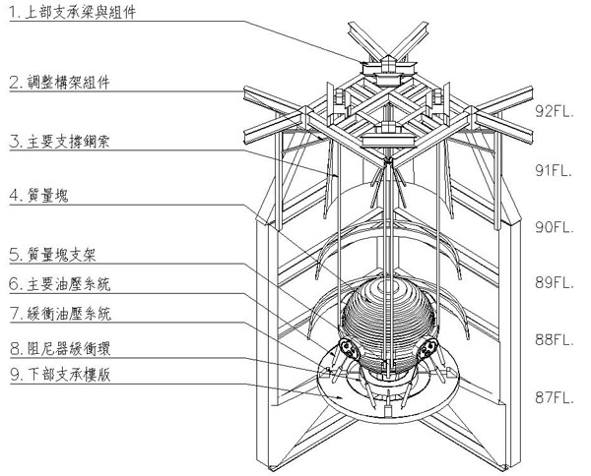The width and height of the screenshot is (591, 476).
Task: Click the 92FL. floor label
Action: (555, 111)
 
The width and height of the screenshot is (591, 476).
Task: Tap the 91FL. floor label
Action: (555, 169)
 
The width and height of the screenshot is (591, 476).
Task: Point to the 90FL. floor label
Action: (555, 226)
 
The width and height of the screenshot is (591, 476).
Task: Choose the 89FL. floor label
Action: (555, 282)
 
